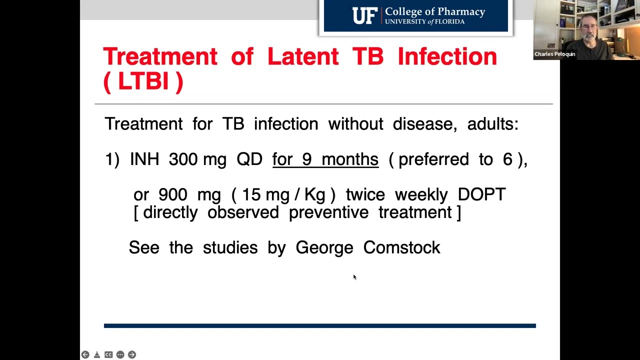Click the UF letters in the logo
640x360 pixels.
click(x=364, y=16)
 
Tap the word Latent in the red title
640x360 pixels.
click(x=302, y=56)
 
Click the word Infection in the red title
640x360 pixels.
click(x=447, y=56)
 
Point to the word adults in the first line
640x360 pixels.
click(x=492, y=124)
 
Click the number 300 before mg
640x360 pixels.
click(x=183, y=159)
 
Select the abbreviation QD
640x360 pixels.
click(x=249, y=159)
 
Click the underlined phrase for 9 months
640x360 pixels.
click(x=325, y=159)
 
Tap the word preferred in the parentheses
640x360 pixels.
click(x=433, y=159)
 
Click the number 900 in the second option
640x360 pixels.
click(x=172, y=194)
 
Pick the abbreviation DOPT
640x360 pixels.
click(x=481, y=194)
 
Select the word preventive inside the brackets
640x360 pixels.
click(x=328, y=212)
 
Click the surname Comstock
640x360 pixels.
click(x=401, y=247)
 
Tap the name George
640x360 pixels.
click(x=324, y=247)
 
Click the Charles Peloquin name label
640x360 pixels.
click(x=554, y=54)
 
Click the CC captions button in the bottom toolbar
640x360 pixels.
click(x=108, y=354)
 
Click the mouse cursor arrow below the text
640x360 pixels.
click(x=354, y=276)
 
